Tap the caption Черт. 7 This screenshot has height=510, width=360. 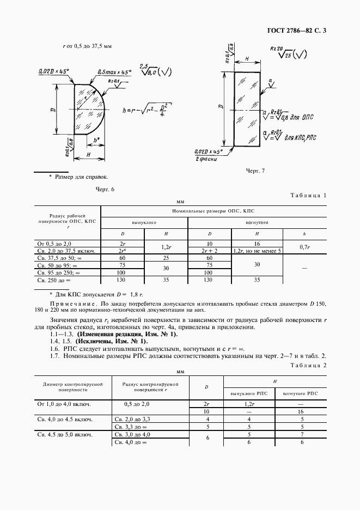pos(255,171)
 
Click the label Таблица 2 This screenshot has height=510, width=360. pos(308,366)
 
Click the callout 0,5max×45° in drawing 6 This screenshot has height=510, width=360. pos(113,72)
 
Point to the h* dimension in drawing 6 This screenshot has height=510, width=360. pos(96,140)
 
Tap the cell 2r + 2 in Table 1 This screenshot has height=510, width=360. pos(209,251)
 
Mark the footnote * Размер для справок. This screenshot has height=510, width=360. pos(78,177)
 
